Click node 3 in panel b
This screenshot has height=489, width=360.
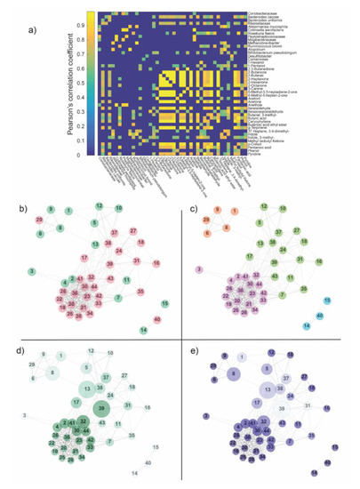(31, 269)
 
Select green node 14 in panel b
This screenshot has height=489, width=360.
(143, 330)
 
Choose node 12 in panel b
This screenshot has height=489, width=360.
(100, 205)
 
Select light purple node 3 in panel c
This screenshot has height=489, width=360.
(200, 269)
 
